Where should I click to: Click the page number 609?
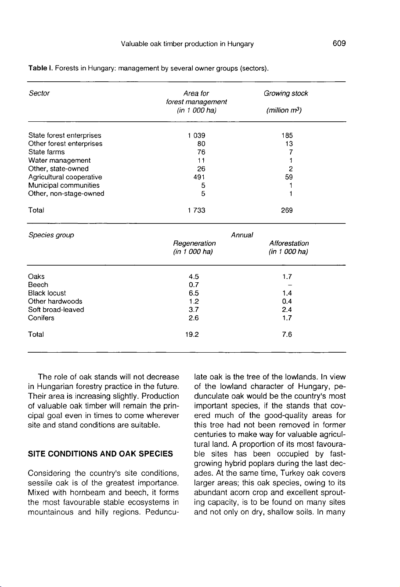[339, 44]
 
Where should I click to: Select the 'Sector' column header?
[39, 94]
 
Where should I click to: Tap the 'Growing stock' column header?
[286, 94]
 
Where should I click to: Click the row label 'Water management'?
[59, 160]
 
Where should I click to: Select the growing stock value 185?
[288, 135]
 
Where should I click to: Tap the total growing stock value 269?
[288, 210]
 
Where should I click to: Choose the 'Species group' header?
[51, 235]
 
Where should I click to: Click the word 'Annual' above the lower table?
[242, 235]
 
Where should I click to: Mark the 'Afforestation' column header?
[288, 243]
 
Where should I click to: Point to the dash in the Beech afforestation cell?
[288, 285]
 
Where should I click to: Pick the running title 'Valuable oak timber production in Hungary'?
[187, 44]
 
